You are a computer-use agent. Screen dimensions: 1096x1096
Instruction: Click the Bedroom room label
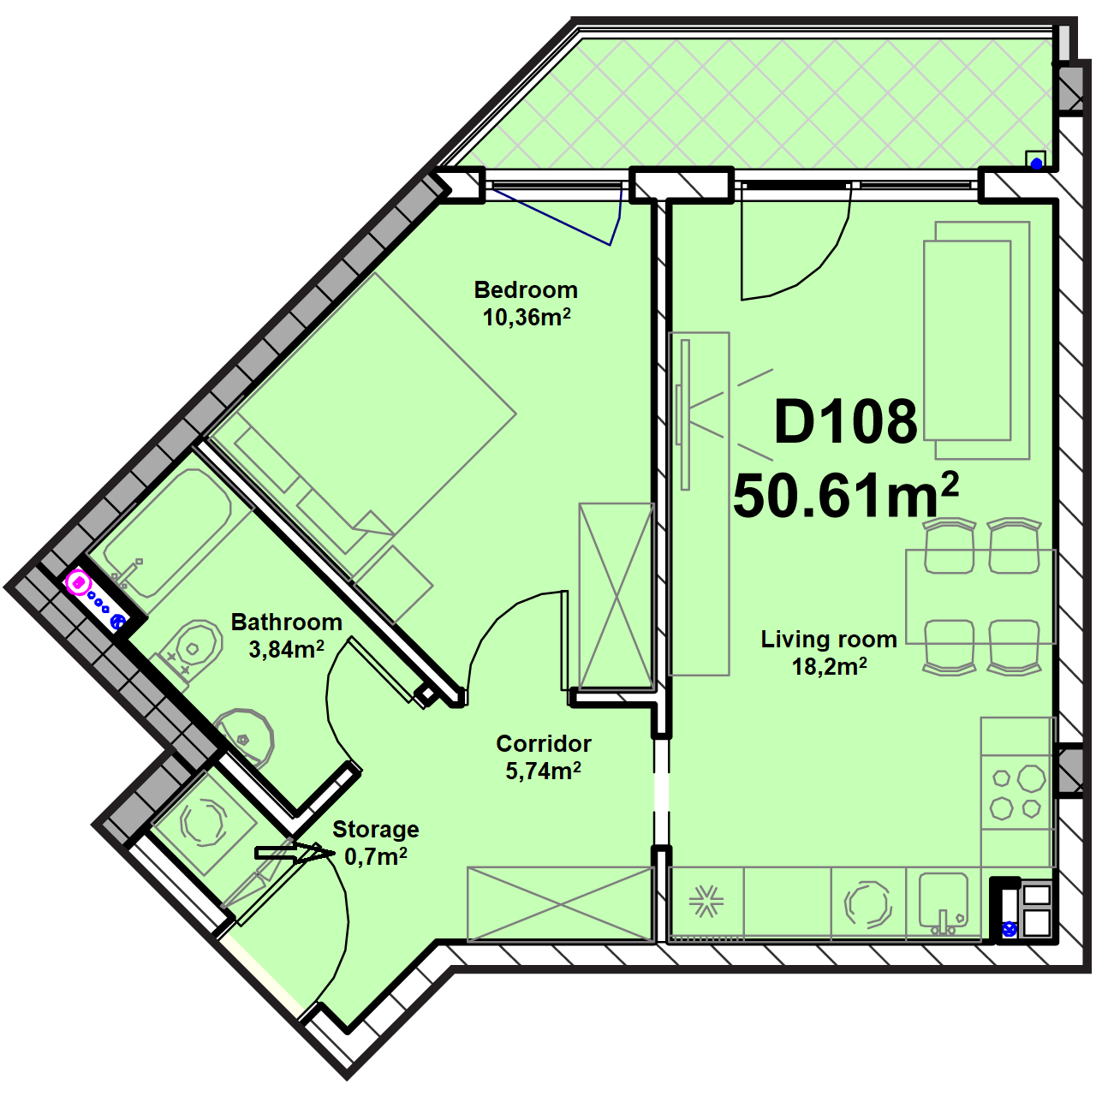[x=526, y=290]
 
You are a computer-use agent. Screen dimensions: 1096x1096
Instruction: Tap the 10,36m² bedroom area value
[x=526, y=317]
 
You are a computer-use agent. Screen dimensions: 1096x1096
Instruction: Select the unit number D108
[x=846, y=421]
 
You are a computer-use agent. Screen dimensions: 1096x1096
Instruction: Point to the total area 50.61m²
[x=846, y=494]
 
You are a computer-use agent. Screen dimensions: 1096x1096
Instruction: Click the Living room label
[x=829, y=640]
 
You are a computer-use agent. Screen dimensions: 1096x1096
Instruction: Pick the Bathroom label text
[x=286, y=622]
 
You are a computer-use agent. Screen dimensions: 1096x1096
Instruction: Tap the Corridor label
[x=543, y=743]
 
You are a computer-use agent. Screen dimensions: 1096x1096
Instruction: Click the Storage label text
[x=375, y=829]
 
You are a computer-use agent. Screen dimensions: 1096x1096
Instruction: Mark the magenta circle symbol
[x=79, y=583]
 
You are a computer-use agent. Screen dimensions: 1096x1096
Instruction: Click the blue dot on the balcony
[x=1036, y=164]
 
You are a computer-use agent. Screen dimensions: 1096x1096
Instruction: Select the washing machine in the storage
[x=203, y=822]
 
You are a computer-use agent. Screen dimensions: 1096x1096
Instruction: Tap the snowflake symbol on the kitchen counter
[x=706, y=902]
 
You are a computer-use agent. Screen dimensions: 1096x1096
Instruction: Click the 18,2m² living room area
[x=829, y=666]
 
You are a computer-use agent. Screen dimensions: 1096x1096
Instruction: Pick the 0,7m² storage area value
[x=375, y=856]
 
